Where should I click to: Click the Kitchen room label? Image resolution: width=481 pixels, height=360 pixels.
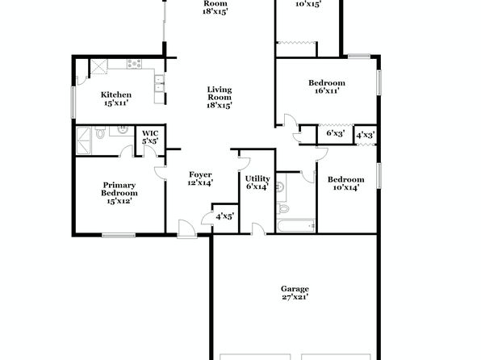[116, 98]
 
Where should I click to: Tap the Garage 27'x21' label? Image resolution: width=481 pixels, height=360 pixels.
[295, 293]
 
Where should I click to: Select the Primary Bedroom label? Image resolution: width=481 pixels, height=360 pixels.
[119, 193]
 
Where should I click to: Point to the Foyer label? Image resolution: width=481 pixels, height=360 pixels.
[200, 178]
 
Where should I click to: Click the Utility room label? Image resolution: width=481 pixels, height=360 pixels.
[257, 182]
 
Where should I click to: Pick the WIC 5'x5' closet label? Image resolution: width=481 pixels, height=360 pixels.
[150, 137]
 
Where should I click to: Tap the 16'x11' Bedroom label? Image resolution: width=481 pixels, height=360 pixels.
[327, 86]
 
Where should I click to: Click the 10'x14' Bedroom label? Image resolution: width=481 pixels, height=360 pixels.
[346, 183]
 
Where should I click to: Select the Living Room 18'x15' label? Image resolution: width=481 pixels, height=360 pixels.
[220, 98]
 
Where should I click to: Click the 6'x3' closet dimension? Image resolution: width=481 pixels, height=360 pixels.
[335, 133]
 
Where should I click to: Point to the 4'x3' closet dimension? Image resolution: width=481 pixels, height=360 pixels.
[366, 135]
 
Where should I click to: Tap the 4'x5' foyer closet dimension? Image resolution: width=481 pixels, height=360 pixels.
[225, 216]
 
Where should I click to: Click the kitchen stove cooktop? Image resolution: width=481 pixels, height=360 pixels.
[135, 64]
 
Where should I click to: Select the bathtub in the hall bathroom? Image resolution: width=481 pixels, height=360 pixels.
[295, 226]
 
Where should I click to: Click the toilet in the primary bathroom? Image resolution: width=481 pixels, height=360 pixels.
[100, 132]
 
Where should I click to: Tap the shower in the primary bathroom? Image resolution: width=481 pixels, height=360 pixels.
[83, 141]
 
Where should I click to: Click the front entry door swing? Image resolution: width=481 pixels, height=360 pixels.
[186, 228]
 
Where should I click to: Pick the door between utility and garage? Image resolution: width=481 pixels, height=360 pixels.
[258, 229]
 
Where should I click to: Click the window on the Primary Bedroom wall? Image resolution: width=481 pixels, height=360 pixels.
[119, 236]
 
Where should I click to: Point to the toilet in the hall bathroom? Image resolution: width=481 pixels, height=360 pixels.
[282, 208]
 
